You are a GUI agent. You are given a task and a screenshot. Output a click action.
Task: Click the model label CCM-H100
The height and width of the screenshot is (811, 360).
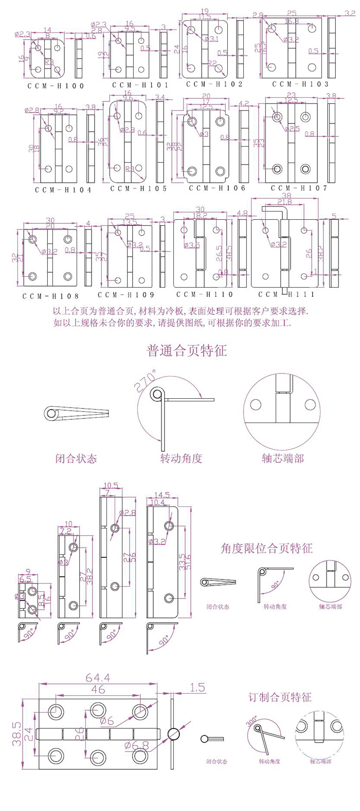pos(56,86)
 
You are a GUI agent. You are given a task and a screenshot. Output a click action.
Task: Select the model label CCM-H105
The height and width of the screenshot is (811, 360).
pos(138,188)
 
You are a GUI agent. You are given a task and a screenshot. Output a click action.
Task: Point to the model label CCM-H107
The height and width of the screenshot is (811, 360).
pos(299,188)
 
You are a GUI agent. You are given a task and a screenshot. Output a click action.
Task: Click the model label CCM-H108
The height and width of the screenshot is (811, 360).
pos(50,296)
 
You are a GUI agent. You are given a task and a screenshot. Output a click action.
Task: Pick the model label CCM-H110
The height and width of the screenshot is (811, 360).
pos(205,294)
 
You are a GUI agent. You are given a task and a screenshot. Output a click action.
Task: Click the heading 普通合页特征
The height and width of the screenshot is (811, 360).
pos(187,351)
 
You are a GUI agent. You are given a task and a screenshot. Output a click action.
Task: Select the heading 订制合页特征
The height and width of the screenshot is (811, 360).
pos(280,698)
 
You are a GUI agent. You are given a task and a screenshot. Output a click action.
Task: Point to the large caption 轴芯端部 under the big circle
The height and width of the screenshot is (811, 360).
pos(282,458)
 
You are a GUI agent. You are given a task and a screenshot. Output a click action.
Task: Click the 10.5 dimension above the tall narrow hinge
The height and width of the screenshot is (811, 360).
pos(111,485)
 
